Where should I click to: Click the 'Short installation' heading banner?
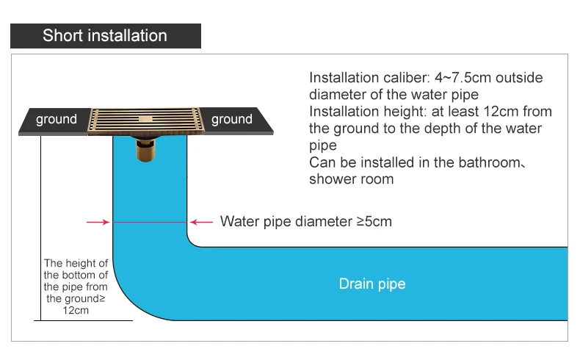(x=106, y=35)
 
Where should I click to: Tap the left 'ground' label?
(x=57, y=120)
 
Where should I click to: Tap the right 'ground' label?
(x=232, y=120)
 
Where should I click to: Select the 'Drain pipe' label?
(x=371, y=284)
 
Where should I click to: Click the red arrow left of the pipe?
(x=98, y=221)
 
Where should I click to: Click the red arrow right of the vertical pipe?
(x=202, y=221)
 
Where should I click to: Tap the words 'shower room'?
(x=351, y=179)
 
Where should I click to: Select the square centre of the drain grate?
(x=145, y=117)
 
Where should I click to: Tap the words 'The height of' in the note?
(x=76, y=263)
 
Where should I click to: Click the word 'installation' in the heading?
(x=130, y=35)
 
